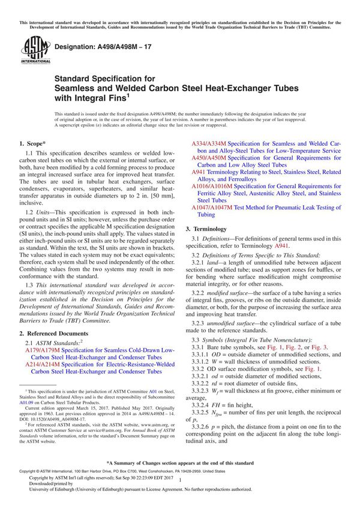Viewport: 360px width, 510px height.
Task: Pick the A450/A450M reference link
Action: [208, 160]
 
